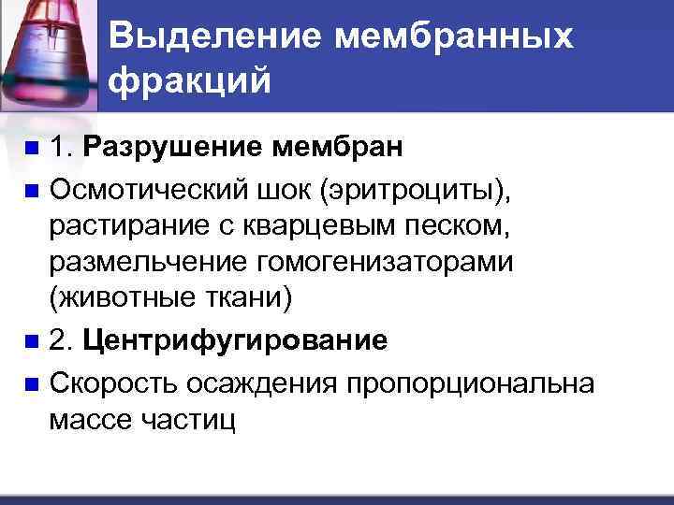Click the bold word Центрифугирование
click(235, 340)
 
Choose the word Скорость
click(113, 382)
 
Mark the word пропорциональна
click(470, 382)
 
